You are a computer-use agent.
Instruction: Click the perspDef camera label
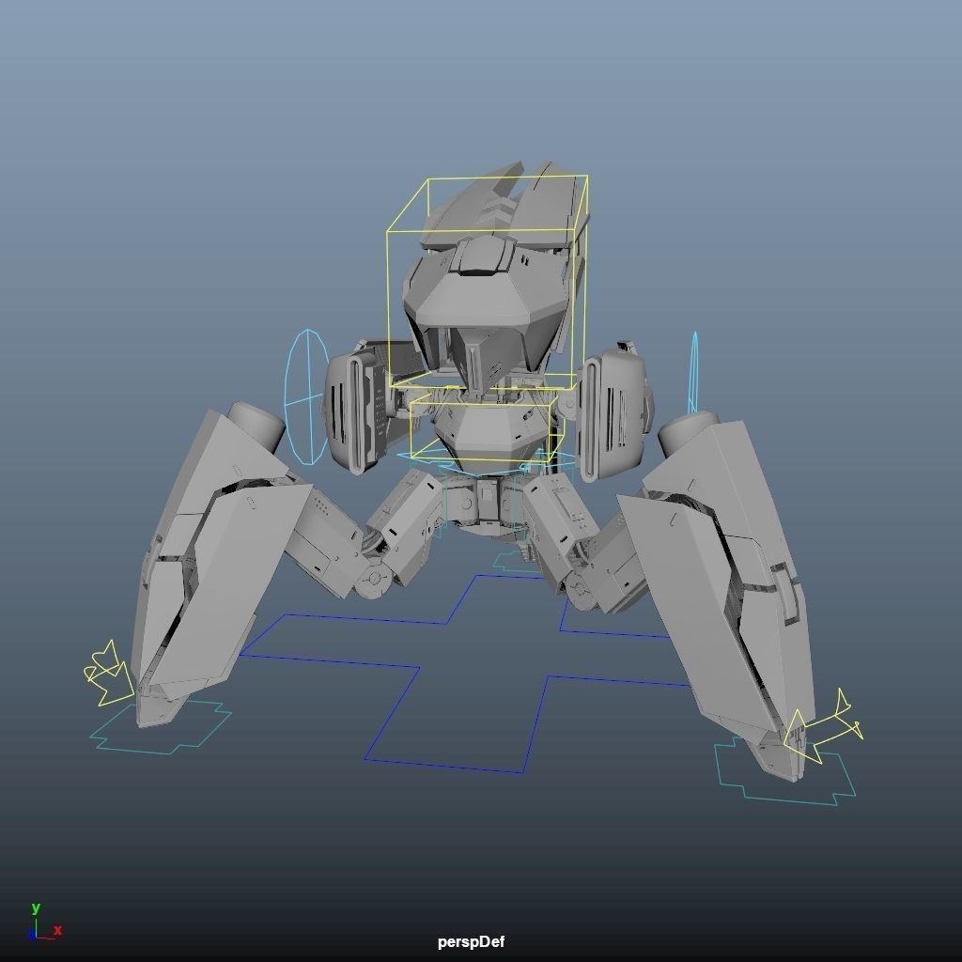(471, 941)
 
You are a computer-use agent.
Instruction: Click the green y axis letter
(36, 908)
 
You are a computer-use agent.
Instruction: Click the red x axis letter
(57, 930)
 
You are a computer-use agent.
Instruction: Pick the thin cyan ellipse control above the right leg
(694, 371)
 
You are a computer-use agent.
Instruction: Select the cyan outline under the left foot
(160, 731)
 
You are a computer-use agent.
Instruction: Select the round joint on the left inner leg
(373, 581)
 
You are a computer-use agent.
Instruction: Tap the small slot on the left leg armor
(252, 503)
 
